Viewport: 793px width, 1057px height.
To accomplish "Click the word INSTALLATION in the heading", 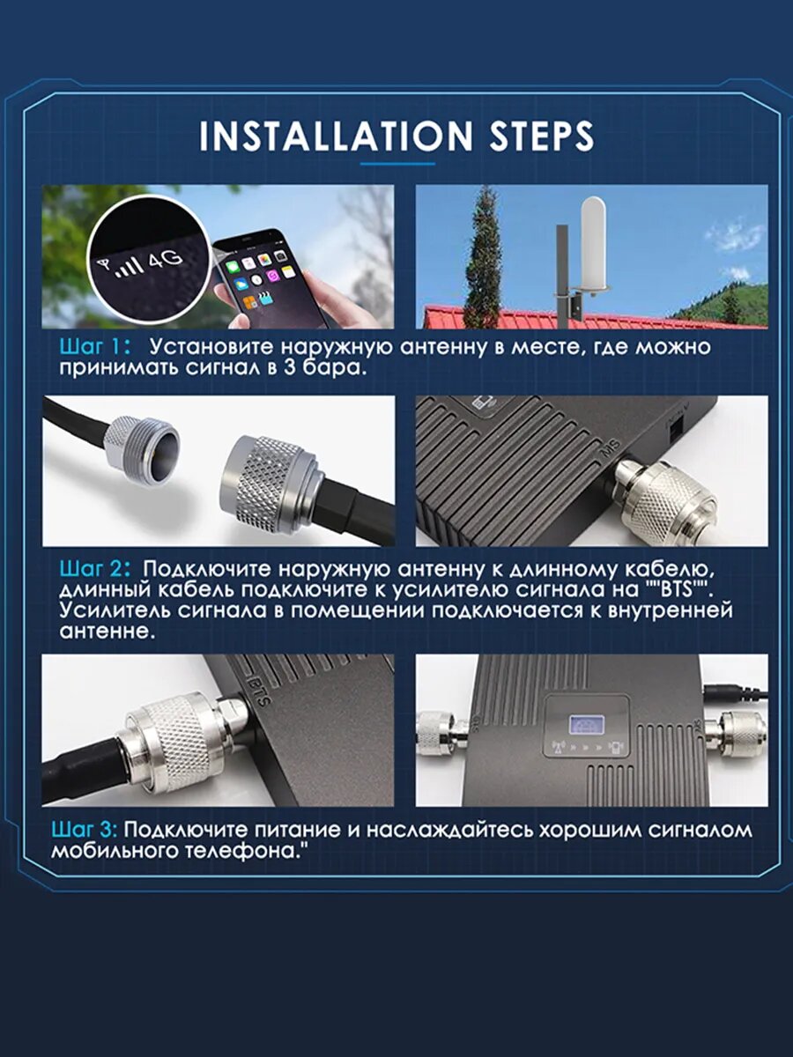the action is click(336, 136).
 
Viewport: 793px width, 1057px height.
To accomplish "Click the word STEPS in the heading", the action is click(542, 136).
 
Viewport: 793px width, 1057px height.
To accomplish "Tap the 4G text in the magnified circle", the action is click(165, 260).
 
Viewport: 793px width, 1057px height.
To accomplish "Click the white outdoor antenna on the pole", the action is click(595, 246).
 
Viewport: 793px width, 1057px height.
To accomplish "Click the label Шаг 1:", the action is click(95, 347).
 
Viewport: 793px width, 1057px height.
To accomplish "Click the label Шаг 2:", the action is click(95, 569).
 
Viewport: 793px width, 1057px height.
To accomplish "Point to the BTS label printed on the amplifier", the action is click(260, 692).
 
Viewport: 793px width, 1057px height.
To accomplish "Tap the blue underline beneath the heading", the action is click(397, 164).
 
